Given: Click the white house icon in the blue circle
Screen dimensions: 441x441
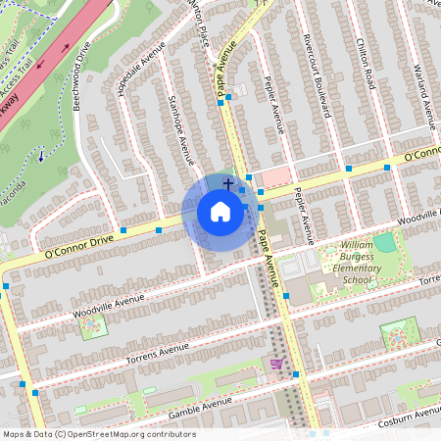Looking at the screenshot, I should (x=220, y=213).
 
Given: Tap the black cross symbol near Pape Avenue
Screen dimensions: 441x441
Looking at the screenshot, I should (x=228, y=182).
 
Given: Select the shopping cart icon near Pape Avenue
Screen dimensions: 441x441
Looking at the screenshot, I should (x=276, y=364).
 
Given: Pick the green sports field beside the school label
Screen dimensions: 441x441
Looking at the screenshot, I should (x=385, y=242).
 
